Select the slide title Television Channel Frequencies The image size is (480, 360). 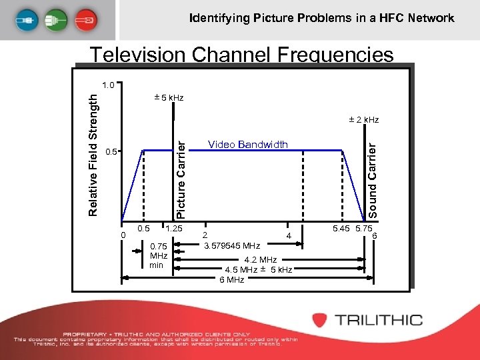pos(242,55)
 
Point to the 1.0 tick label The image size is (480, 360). pos(109,85)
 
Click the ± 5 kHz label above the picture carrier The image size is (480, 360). pos(169,99)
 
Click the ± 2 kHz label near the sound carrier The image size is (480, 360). pos(363,120)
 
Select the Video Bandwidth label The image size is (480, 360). pos(248,145)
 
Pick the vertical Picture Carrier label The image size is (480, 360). pos(180,175)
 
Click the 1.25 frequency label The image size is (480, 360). pos(174,229)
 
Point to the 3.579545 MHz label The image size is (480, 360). pos(232,245)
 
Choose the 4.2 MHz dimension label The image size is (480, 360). pos(261,260)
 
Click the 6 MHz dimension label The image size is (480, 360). pos(231,280)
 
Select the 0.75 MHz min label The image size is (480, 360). pos(158,255)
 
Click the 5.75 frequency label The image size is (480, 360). pos(364,229)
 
